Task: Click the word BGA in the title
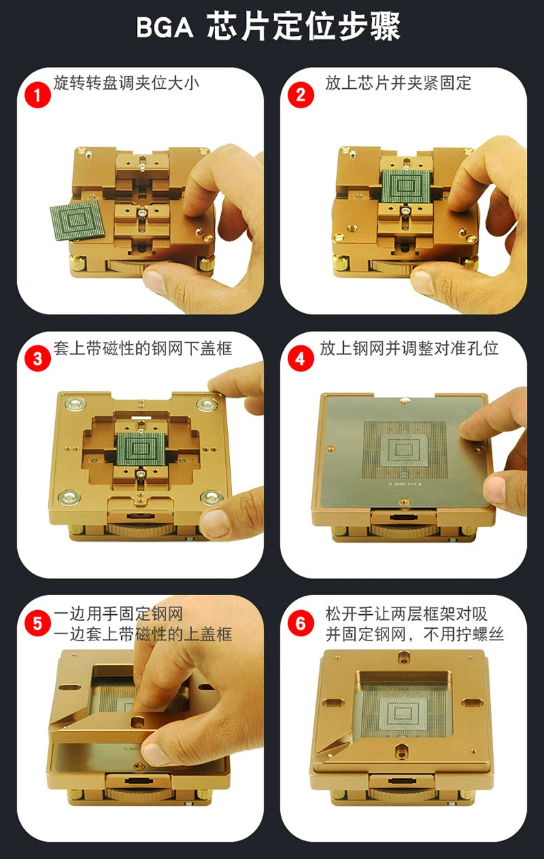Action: pos(165,28)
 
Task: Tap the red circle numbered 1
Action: pos(38,94)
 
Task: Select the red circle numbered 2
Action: pos(301,94)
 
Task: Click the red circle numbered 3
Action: pos(38,358)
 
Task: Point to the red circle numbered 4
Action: pos(301,358)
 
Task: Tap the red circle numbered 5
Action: pos(38,623)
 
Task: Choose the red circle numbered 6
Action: pos(301,623)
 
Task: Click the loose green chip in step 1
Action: pos(77,221)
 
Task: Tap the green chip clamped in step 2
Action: pos(406,185)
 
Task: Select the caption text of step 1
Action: pos(127,83)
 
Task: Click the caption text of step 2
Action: pos(398,83)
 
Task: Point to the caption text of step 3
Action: pos(143,348)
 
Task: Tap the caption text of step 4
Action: pos(409,348)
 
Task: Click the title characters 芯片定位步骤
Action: pos(304,27)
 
